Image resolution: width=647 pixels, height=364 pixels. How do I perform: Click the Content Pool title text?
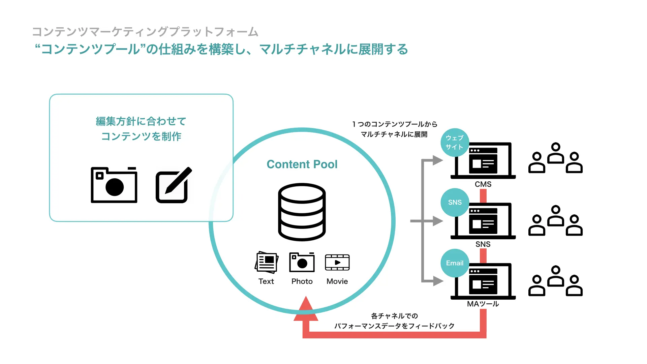[x=302, y=164]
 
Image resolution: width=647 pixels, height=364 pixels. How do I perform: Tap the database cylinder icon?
[x=302, y=212]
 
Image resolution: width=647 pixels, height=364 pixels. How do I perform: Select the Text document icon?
[x=267, y=262]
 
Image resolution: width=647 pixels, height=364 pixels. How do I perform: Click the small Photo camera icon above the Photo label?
[x=302, y=262]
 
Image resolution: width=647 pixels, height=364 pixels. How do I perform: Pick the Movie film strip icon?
[x=337, y=262]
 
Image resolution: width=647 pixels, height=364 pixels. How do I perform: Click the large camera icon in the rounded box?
[x=114, y=185]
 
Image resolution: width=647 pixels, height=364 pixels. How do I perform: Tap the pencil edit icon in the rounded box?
[x=174, y=185]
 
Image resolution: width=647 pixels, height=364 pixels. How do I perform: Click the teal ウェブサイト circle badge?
[x=455, y=143]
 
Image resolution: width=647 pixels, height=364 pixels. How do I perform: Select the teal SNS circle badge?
[x=455, y=202]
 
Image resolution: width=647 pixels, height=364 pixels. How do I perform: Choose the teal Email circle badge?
[x=455, y=263]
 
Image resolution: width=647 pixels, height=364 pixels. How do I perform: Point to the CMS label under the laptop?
[x=483, y=184]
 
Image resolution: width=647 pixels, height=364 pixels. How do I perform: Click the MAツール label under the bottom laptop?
[x=483, y=304]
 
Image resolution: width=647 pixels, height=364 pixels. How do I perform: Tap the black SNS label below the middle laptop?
[x=483, y=244]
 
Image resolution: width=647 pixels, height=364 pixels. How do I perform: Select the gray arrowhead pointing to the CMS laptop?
[x=438, y=160]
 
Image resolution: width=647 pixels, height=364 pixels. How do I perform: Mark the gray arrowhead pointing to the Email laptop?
[x=438, y=281]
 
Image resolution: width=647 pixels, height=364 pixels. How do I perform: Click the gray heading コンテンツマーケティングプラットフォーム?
[x=145, y=32]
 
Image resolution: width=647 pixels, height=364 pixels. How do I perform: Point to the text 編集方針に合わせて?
[x=141, y=121]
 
